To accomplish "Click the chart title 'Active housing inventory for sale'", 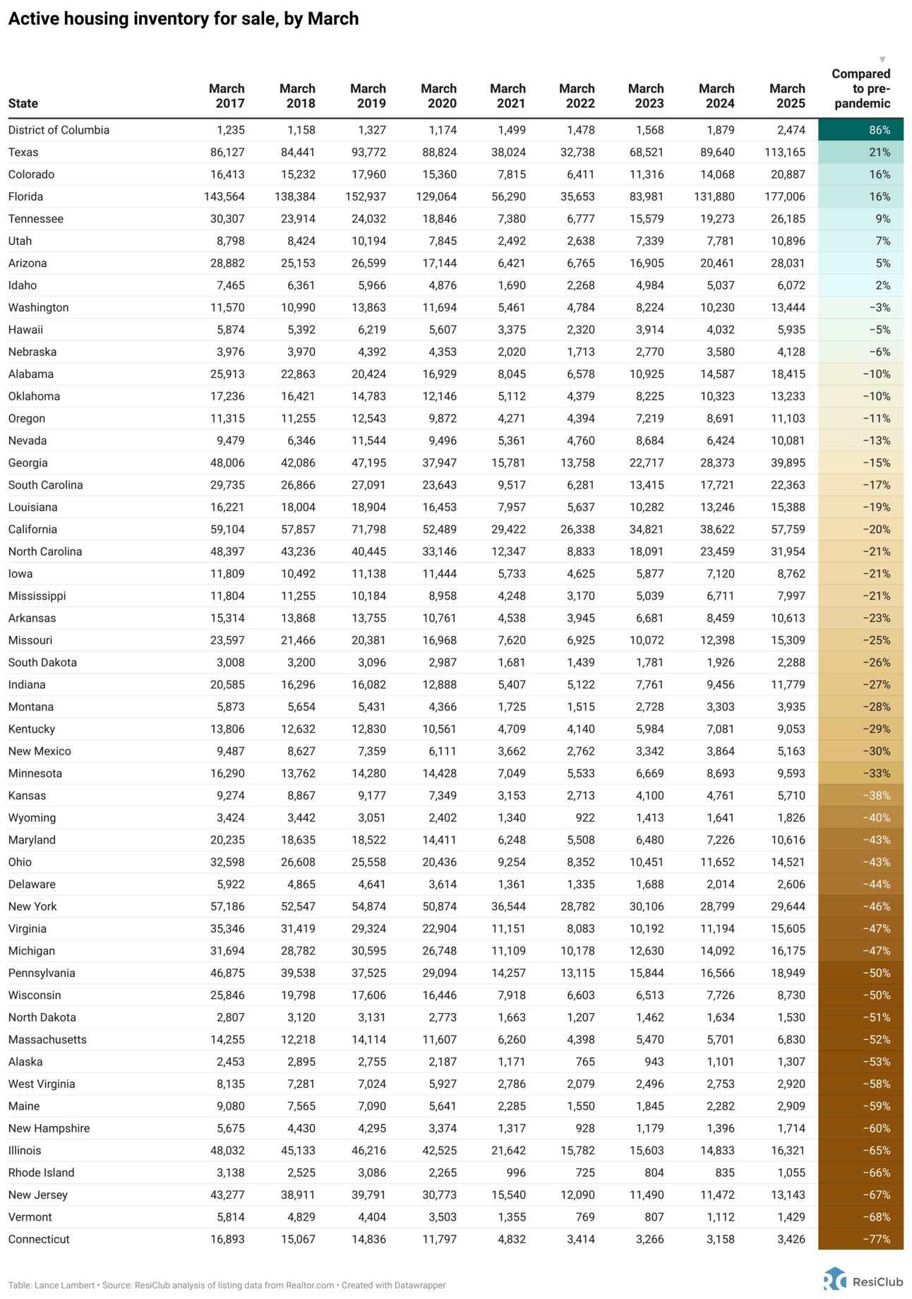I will tap(184, 19).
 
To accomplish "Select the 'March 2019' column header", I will tap(368, 96).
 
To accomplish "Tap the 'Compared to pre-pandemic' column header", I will tap(860, 88).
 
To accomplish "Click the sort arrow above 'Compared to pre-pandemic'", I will tap(882, 60).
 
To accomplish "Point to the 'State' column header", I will tap(23, 104).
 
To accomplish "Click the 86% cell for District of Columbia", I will tap(860, 130).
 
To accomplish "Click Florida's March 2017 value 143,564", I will tap(224, 197).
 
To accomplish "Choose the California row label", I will tap(32, 529).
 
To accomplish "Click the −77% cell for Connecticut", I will tap(860, 1239).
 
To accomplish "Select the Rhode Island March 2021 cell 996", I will tap(515, 1173).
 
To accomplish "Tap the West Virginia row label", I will tap(42, 1084).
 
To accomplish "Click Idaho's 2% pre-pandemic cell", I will tap(860, 285).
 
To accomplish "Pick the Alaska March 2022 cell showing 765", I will tap(584, 1062).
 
